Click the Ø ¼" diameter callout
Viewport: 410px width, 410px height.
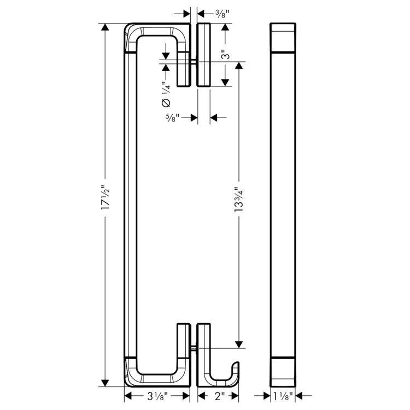(x=166, y=93)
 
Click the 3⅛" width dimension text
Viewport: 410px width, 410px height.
(x=157, y=396)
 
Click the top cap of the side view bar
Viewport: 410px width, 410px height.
(x=284, y=37)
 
